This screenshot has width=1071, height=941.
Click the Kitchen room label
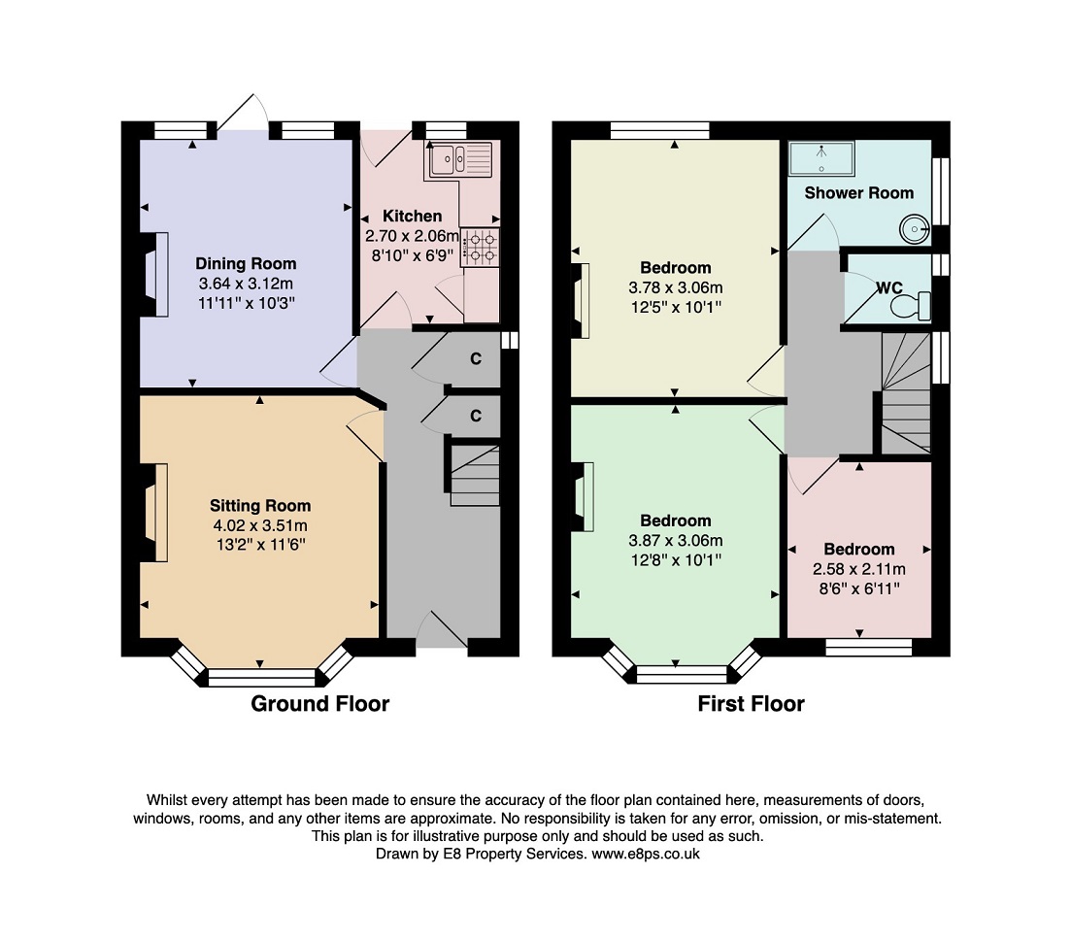[x=412, y=216]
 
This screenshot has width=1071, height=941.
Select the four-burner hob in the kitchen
[x=481, y=248]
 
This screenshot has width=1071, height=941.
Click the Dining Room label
[x=246, y=263]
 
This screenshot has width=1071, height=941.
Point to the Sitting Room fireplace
[x=155, y=513]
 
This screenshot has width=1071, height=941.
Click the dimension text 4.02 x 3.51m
[x=259, y=525]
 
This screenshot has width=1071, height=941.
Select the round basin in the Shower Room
[x=914, y=229]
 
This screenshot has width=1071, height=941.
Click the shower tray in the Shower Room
[x=821, y=158]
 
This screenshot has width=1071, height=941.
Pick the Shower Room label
[x=858, y=193]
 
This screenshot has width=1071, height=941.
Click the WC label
[x=889, y=288]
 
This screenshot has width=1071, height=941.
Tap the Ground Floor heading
[x=319, y=703]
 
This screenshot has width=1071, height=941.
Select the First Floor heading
[x=751, y=703]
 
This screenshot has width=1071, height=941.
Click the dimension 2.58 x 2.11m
[x=858, y=569]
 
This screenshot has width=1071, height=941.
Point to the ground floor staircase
[x=475, y=475]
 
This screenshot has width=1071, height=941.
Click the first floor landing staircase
[x=906, y=393]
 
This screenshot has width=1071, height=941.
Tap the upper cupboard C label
[x=476, y=358]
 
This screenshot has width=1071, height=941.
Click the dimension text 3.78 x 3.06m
[x=676, y=287]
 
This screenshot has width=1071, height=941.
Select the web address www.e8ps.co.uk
[x=646, y=854]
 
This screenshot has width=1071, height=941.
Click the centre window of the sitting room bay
[x=261, y=678]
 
